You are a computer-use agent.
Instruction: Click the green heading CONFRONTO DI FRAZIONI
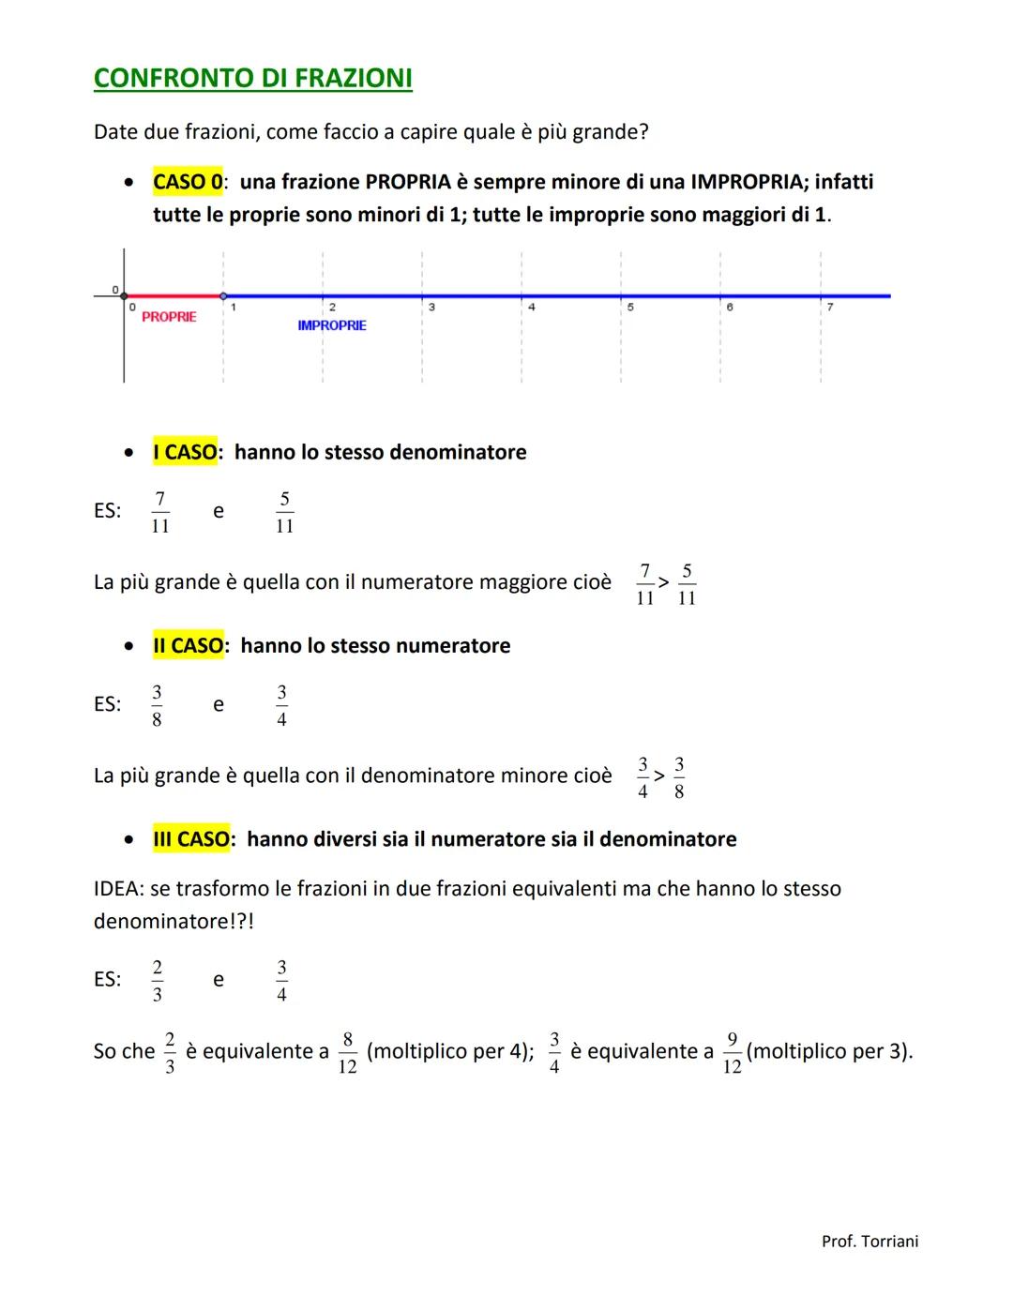[x=252, y=78]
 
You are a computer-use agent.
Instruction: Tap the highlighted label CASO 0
[x=188, y=181]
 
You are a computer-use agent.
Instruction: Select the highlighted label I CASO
[x=185, y=452]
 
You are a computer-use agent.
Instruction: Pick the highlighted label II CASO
[x=188, y=645]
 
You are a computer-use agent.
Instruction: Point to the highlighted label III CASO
[x=191, y=838]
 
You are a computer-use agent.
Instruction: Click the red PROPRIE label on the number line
[x=169, y=317]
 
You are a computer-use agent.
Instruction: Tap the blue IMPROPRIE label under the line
[x=332, y=325]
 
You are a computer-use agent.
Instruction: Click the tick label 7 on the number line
[x=829, y=307]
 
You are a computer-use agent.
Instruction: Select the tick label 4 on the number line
[x=531, y=307]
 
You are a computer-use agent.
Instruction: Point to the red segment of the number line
[x=174, y=295]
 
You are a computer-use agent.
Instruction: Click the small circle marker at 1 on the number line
[x=223, y=295]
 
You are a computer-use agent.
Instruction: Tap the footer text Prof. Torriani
[x=869, y=1242]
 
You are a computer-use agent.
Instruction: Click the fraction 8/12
[x=347, y=1053]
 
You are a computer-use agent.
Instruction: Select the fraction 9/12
[x=732, y=1053]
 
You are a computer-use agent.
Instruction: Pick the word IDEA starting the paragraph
[x=117, y=889]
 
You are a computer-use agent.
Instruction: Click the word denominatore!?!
[x=174, y=921]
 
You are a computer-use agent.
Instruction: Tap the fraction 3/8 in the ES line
[x=157, y=705]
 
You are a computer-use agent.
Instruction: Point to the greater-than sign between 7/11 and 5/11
[x=664, y=582]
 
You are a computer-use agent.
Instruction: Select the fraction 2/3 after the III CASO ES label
[x=157, y=980]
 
